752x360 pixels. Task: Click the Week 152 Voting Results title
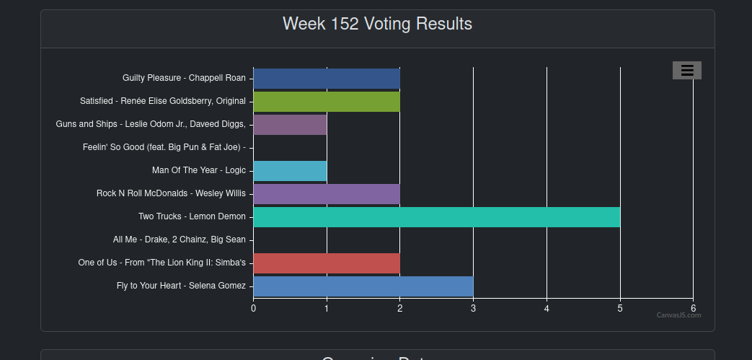point(377,24)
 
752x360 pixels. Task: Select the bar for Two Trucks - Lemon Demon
point(436,216)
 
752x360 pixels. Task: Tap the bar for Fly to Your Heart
point(363,286)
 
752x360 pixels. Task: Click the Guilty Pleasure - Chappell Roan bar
point(326,78)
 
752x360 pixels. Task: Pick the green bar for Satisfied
point(326,101)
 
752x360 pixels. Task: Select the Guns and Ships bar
point(290,124)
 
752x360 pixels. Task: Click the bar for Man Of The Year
point(290,170)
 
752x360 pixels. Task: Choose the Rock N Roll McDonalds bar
point(326,193)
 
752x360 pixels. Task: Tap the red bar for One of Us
point(326,263)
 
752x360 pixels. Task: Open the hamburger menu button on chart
point(686,70)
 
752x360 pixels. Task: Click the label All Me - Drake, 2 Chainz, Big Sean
point(179,240)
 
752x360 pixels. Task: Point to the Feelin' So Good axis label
point(164,147)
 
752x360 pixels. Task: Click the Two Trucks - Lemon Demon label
point(192,216)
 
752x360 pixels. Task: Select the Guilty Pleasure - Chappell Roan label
point(184,78)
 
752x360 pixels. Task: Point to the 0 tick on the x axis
point(253,308)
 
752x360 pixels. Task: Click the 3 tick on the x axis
point(473,308)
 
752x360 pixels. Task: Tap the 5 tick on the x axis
point(620,308)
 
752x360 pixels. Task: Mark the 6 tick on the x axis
point(693,308)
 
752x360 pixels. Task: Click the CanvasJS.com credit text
point(678,315)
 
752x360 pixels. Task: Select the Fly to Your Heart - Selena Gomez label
point(181,286)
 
